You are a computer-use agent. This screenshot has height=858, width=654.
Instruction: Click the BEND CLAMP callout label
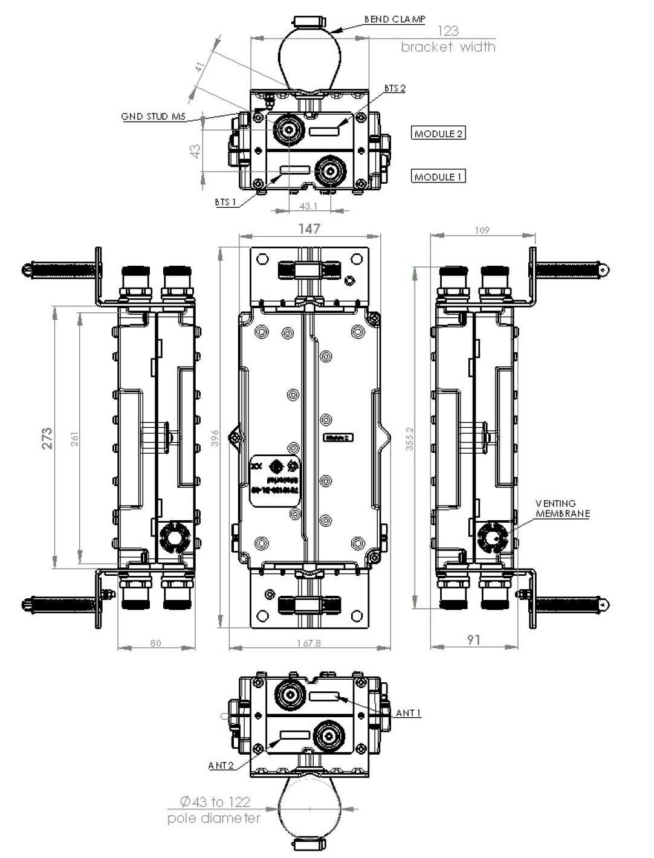tap(394, 19)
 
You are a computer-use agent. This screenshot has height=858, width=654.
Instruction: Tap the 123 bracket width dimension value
tap(447, 31)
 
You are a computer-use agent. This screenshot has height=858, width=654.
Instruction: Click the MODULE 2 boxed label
tap(439, 134)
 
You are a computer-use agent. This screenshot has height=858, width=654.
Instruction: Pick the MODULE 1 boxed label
tap(439, 177)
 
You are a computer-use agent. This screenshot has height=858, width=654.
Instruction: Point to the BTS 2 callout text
tap(395, 88)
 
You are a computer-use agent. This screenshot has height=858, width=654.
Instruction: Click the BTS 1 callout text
tap(225, 202)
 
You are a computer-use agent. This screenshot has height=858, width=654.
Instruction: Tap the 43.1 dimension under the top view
tap(308, 207)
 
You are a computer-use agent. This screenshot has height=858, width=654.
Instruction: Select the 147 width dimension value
tap(309, 228)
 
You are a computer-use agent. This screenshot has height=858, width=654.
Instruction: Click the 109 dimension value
tap(482, 230)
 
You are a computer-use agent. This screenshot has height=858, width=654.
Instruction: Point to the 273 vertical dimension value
tap(47, 438)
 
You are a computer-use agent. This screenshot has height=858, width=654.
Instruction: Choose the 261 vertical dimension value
tap(74, 439)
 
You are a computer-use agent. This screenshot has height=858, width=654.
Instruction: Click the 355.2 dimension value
tap(410, 437)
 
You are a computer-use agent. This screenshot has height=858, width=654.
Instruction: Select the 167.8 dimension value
tap(308, 643)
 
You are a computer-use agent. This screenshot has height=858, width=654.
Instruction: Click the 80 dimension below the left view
tap(155, 643)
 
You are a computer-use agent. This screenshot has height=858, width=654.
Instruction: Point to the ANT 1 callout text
tap(409, 714)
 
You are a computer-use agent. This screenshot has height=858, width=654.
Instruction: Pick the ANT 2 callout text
tap(221, 766)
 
